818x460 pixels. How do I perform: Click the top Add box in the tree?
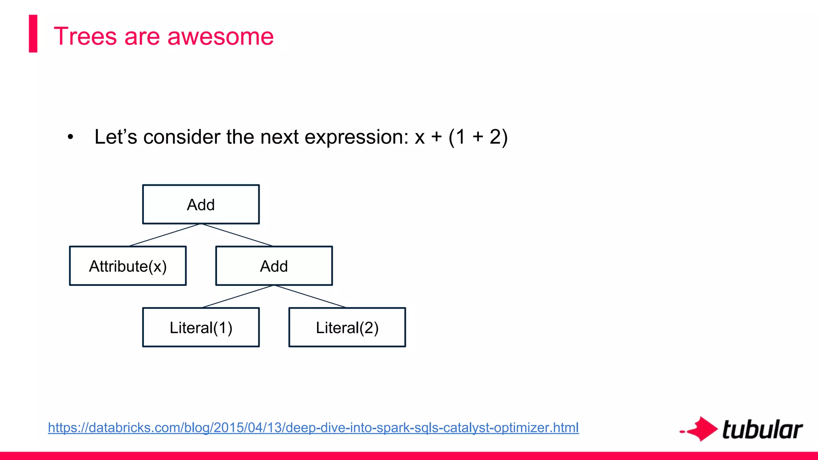pos(201,204)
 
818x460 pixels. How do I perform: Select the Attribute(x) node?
pos(128,266)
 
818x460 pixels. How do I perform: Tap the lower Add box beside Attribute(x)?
pos(274,266)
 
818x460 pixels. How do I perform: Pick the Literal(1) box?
pos(201,327)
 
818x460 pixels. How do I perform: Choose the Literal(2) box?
pos(347,327)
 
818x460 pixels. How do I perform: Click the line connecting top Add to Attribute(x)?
pos(165,235)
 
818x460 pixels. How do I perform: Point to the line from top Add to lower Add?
pos(237,235)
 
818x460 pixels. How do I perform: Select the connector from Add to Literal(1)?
pos(238,297)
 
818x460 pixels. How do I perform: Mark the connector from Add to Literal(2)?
pos(310,297)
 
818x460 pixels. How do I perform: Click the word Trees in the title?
pos(85,36)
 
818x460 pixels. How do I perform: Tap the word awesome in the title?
pos(220,36)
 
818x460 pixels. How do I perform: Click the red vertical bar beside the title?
pos(33,34)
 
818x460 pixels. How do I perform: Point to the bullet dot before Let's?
pos(71,137)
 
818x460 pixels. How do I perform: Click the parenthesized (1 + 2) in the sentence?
pos(478,137)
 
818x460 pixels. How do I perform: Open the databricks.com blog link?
pos(313,428)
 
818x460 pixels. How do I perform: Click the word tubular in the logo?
pos(762,430)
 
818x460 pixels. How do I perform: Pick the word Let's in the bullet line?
pos(116,137)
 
